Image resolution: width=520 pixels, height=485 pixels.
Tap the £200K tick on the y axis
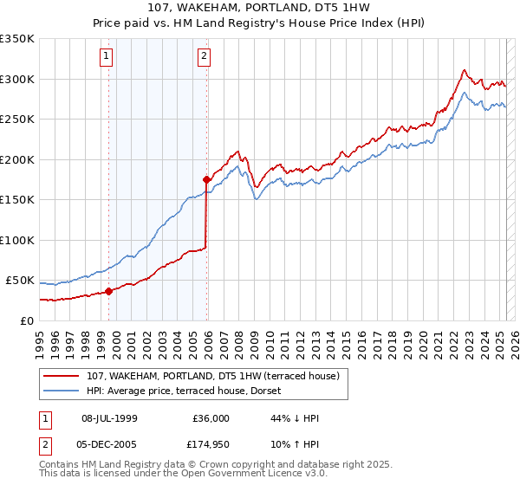click(17, 159)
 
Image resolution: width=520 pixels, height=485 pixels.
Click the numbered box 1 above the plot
click(106, 57)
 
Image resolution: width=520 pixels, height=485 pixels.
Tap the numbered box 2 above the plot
click(204, 57)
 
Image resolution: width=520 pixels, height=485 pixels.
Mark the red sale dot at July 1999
click(108, 292)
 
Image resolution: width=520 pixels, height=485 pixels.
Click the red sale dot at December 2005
click(206, 180)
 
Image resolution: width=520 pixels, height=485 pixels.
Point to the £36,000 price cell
click(211, 418)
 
